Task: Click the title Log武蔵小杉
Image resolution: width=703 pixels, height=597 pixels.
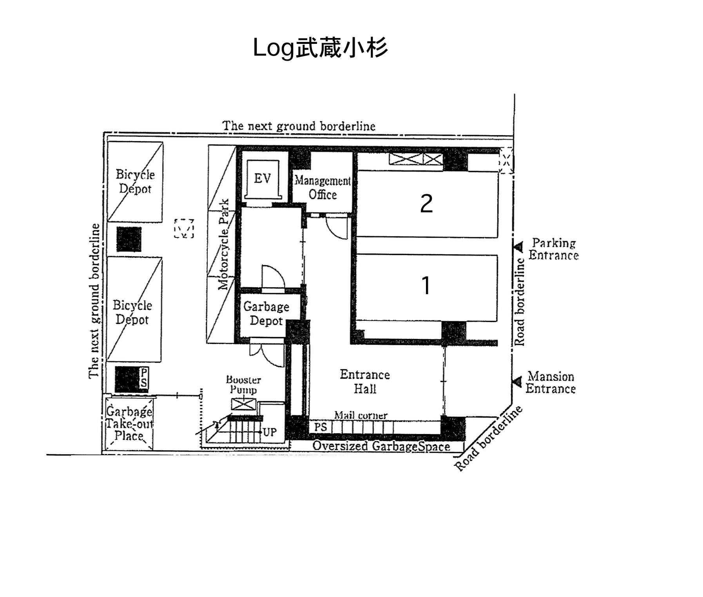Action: pyautogui.click(x=320, y=48)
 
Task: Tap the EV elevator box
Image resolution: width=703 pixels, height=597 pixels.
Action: pyautogui.click(x=262, y=179)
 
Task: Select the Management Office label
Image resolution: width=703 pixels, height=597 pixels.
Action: pyautogui.click(x=323, y=188)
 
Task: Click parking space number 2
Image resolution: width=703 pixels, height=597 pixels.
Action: pyautogui.click(x=426, y=204)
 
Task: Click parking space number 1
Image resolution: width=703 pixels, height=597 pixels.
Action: pyautogui.click(x=426, y=285)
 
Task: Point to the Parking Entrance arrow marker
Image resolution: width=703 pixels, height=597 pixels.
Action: pyautogui.click(x=518, y=247)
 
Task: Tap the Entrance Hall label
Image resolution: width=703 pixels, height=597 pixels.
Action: pyautogui.click(x=364, y=382)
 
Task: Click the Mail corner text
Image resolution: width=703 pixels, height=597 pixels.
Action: pyautogui.click(x=361, y=415)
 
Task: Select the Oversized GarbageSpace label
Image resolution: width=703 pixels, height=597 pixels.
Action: pyautogui.click(x=380, y=446)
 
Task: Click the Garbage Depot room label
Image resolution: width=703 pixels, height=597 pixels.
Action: pyautogui.click(x=266, y=313)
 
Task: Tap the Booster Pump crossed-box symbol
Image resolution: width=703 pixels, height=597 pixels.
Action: pyautogui.click(x=243, y=404)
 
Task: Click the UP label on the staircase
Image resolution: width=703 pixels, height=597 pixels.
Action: pyautogui.click(x=270, y=432)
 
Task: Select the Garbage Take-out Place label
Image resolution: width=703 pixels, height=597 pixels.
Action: pyautogui.click(x=129, y=424)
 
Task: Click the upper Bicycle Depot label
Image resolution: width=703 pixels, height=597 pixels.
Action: pyautogui.click(x=135, y=181)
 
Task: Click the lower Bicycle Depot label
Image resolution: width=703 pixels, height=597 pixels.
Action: pyautogui.click(x=132, y=312)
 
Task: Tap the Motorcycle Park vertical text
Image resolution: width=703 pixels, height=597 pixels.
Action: pyautogui.click(x=223, y=245)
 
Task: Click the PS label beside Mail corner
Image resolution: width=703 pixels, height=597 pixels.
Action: pyautogui.click(x=320, y=427)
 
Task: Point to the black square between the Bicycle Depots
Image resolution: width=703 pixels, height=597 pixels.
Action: pyautogui.click(x=129, y=239)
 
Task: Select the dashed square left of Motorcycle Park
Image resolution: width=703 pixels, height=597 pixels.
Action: pyautogui.click(x=184, y=228)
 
